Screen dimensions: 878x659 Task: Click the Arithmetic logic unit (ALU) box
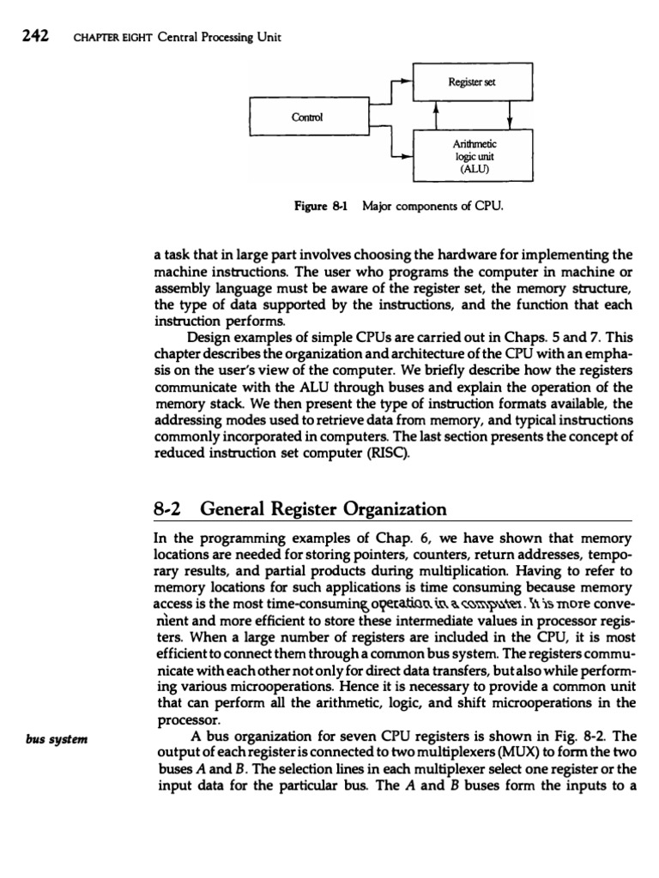(x=473, y=155)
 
